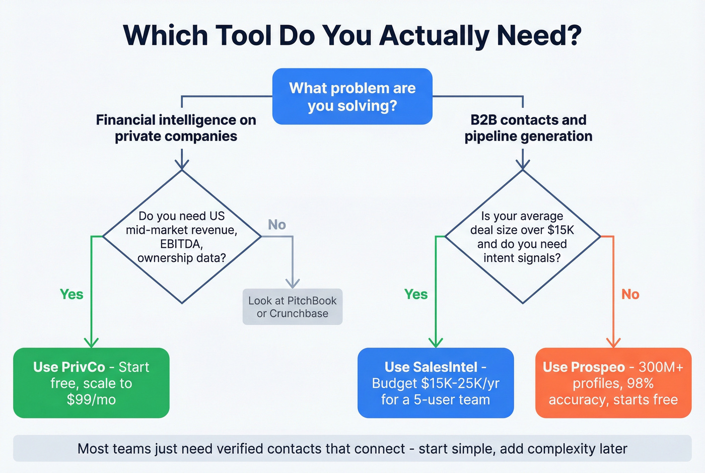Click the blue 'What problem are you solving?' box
[x=352, y=97]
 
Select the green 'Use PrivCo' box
[x=91, y=383]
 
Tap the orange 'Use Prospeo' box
[x=613, y=383]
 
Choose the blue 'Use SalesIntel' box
[x=435, y=383]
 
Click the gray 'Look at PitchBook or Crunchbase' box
[x=292, y=307]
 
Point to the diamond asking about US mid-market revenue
[x=182, y=237]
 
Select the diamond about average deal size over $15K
[x=522, y=237]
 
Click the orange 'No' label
[x=630, y=294]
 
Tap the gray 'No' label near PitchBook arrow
[x=276, y=225]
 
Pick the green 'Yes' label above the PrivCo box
[x=72, y=294]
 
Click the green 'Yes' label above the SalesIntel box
[x=415, y=294]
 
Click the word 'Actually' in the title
[x=435, y=35]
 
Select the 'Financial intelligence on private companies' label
[x=176, y=128]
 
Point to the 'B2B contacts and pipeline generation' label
[x=528, y=128]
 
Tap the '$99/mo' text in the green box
[x=91, y=399]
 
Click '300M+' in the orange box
[x=661, y=367]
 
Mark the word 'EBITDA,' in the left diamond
[x=181, y=244]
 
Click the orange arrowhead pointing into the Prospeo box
[x=613, y=343]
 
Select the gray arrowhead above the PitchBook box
[x=293, y=283]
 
